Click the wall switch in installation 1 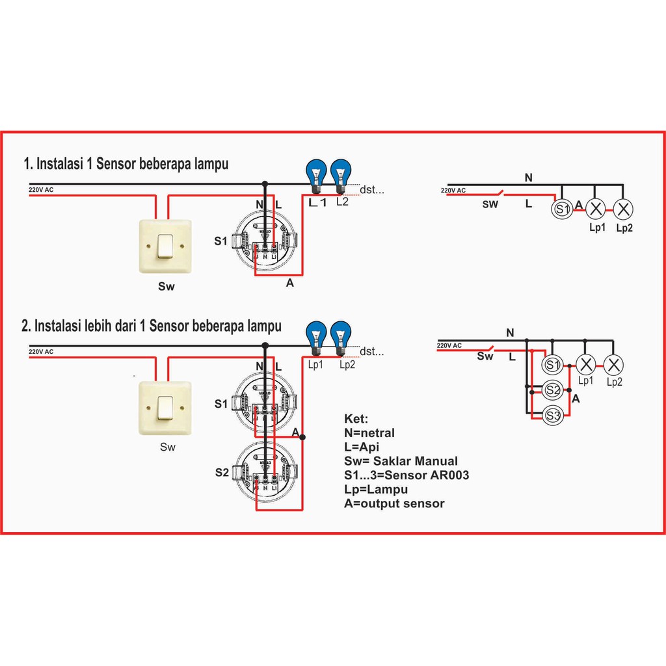point(166,246)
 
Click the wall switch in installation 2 point(166,408)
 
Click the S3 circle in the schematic point(553,416)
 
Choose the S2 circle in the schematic point(553,391)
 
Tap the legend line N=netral point(369,433)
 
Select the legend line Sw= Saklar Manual point(401,461)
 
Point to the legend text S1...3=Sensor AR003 point(406,475)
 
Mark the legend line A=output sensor point(394,503)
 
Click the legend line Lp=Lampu point(375,489)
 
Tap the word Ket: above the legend point(356,419)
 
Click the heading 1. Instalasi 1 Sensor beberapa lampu point(126,163)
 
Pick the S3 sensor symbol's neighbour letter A point(575,399)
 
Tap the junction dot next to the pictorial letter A point(302,437)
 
